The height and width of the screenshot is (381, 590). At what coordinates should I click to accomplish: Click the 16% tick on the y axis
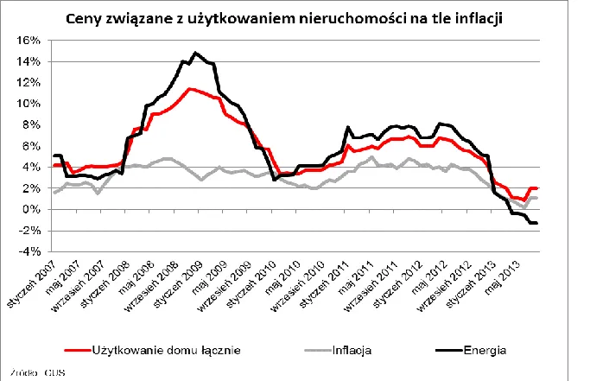coord(30,41)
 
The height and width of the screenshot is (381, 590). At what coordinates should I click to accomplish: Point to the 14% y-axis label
coord(30,61)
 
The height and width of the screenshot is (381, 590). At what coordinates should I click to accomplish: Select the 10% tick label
coord(30,104)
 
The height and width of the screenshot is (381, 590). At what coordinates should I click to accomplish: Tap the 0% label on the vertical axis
coord(33,209)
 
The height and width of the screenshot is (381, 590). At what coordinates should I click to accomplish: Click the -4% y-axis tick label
coord(31,251)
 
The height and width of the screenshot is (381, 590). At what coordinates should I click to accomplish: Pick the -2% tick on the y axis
coord(31,231)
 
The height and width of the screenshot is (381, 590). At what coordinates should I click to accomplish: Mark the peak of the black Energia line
coord(195,54)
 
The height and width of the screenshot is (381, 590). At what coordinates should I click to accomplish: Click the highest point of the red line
coord(189,88)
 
